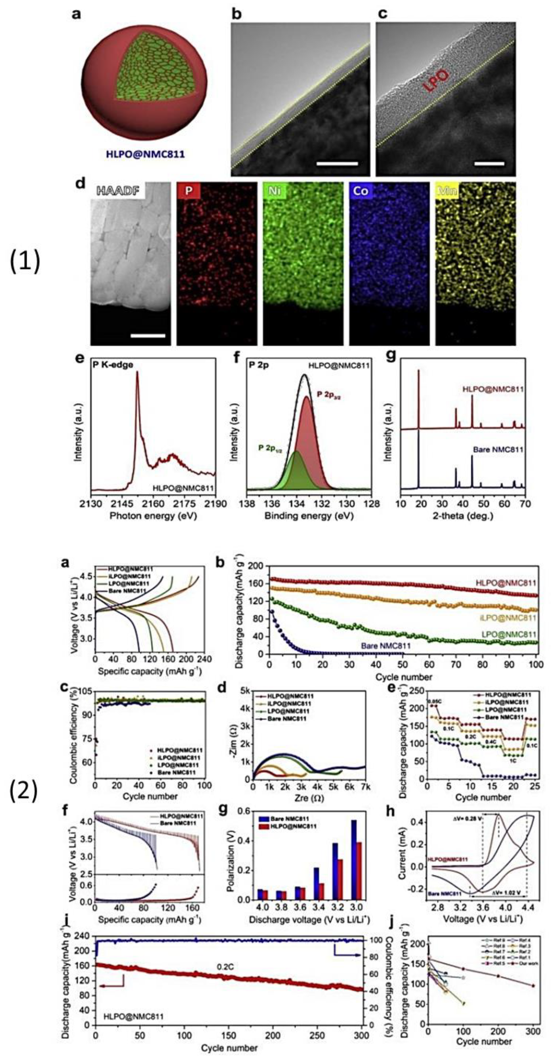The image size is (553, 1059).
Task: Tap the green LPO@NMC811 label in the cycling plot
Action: (x=508, y=634)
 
